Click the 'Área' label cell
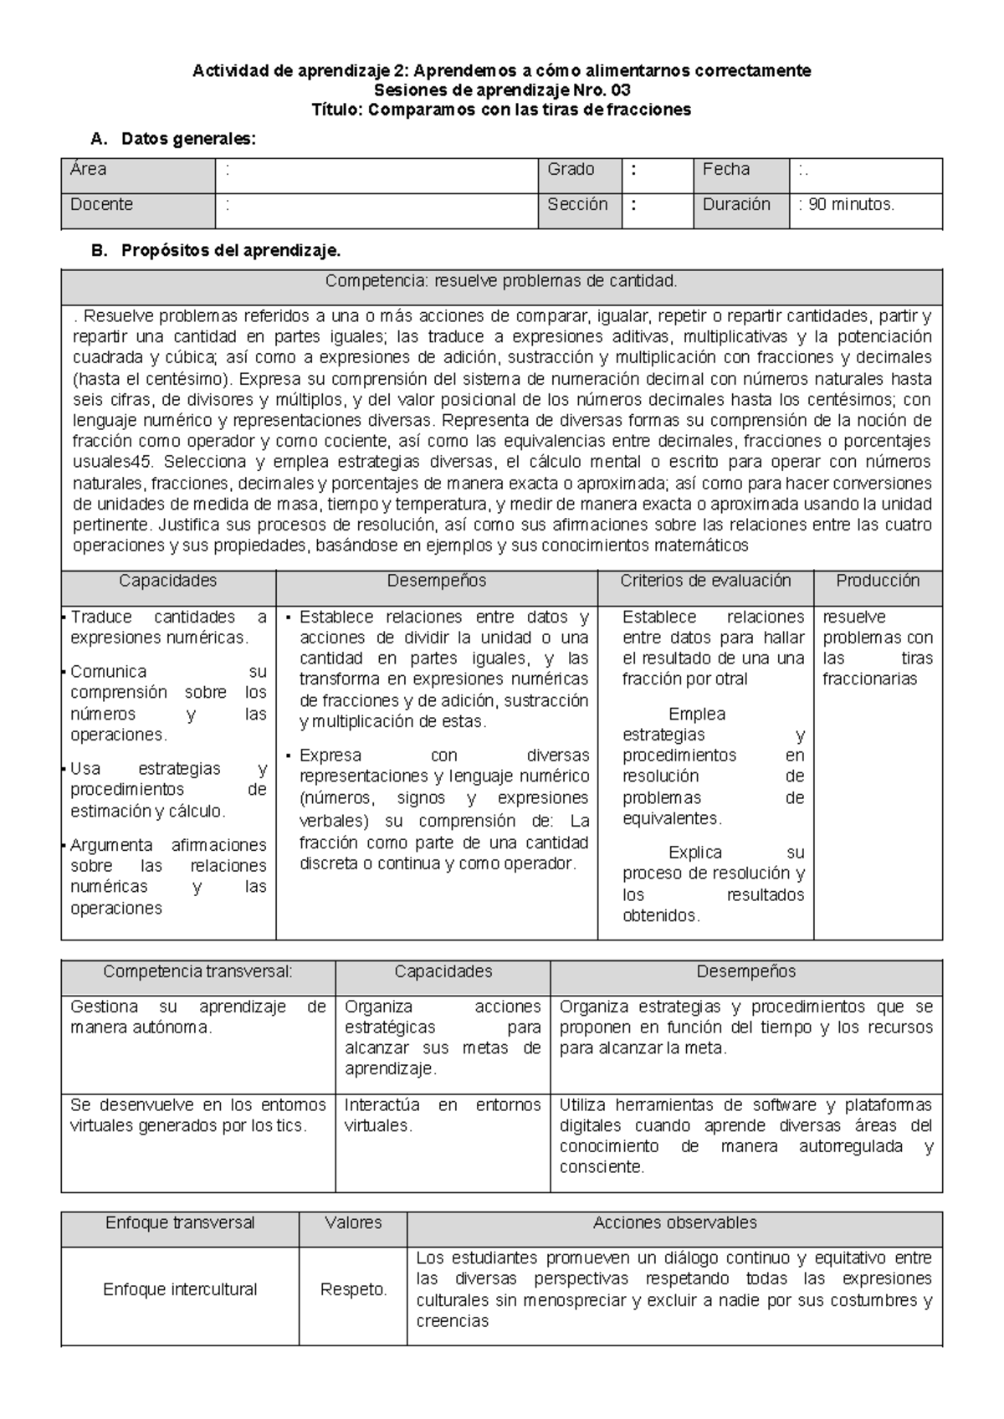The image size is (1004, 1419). pos(89,170)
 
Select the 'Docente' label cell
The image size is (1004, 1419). pos(101,205)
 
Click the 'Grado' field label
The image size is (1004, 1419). pos(571,170)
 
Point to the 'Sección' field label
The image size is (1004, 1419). pos(577,205)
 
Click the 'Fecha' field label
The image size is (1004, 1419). pos(725,170)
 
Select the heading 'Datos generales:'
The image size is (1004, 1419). pos(188,139)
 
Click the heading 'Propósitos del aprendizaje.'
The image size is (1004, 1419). pos(231,250)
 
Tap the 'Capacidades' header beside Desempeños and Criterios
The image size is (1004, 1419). pos(167,581)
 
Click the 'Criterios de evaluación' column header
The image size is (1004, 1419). pos(705,581)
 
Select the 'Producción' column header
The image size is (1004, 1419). pos(878,581)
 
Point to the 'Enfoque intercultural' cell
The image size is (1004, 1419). pos(180,1289)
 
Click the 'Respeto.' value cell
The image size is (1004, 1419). pos(353,1289)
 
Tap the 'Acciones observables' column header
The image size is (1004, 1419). pos(674,1222)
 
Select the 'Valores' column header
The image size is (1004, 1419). pos(353,1222)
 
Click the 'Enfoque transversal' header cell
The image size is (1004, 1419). pos(180,1222)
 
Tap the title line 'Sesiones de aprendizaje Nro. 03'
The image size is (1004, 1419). pos(501,90)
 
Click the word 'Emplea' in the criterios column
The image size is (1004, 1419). pos(697,714)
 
